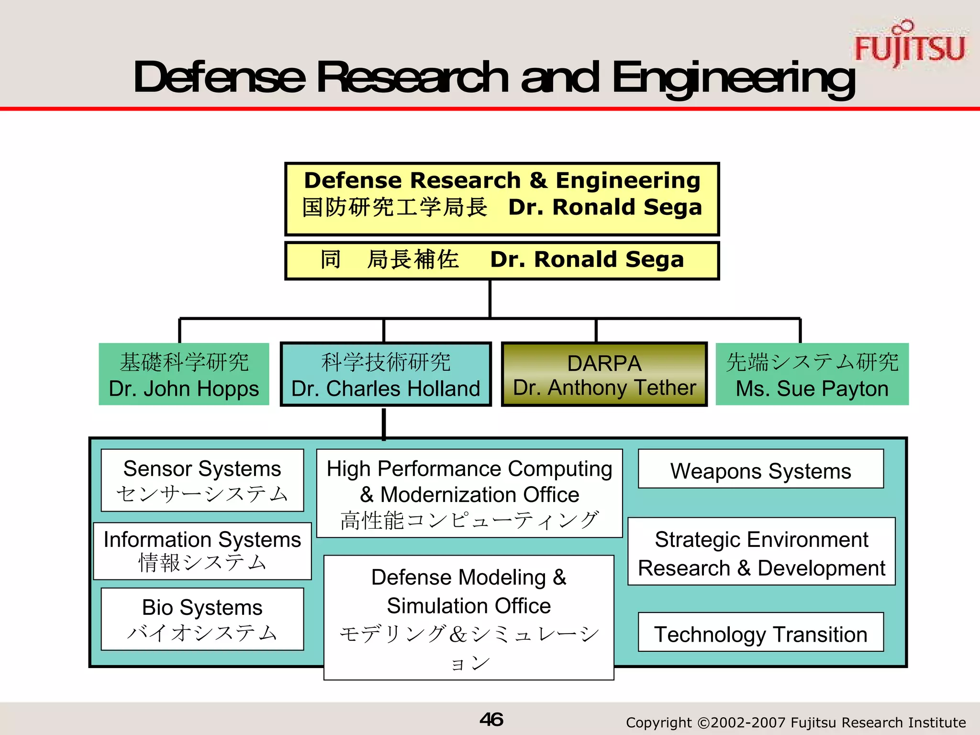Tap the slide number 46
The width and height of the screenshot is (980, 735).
[x=491, y=719]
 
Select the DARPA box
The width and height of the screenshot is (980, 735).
[x=604, y=375]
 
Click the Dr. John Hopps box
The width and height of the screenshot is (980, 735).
[x=184, y=375]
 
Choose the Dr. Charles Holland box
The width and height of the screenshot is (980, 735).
[x=386, y=375]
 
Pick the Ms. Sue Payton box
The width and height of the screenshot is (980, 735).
[x=812, y=375]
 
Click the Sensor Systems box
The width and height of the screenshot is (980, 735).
[x=202, y=480]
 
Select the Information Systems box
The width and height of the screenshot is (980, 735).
[x=202, y=551]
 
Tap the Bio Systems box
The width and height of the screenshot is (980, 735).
[x=202, y=619]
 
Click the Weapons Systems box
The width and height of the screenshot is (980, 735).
[x=761, y=469]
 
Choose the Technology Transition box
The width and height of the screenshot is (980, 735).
[x=761, y=633]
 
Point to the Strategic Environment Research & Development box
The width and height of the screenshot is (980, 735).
[x=761, y=552]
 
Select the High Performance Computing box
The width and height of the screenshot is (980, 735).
[x=469, y=493]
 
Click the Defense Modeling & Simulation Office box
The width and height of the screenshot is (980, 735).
[x=469, y=617]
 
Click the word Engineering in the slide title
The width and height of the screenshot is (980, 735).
[x=734, y=78]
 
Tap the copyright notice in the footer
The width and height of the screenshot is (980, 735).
[x=796, y=722]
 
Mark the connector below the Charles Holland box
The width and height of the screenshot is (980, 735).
[x=384, y=423]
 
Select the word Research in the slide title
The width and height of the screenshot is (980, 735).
[x=412, y=78]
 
